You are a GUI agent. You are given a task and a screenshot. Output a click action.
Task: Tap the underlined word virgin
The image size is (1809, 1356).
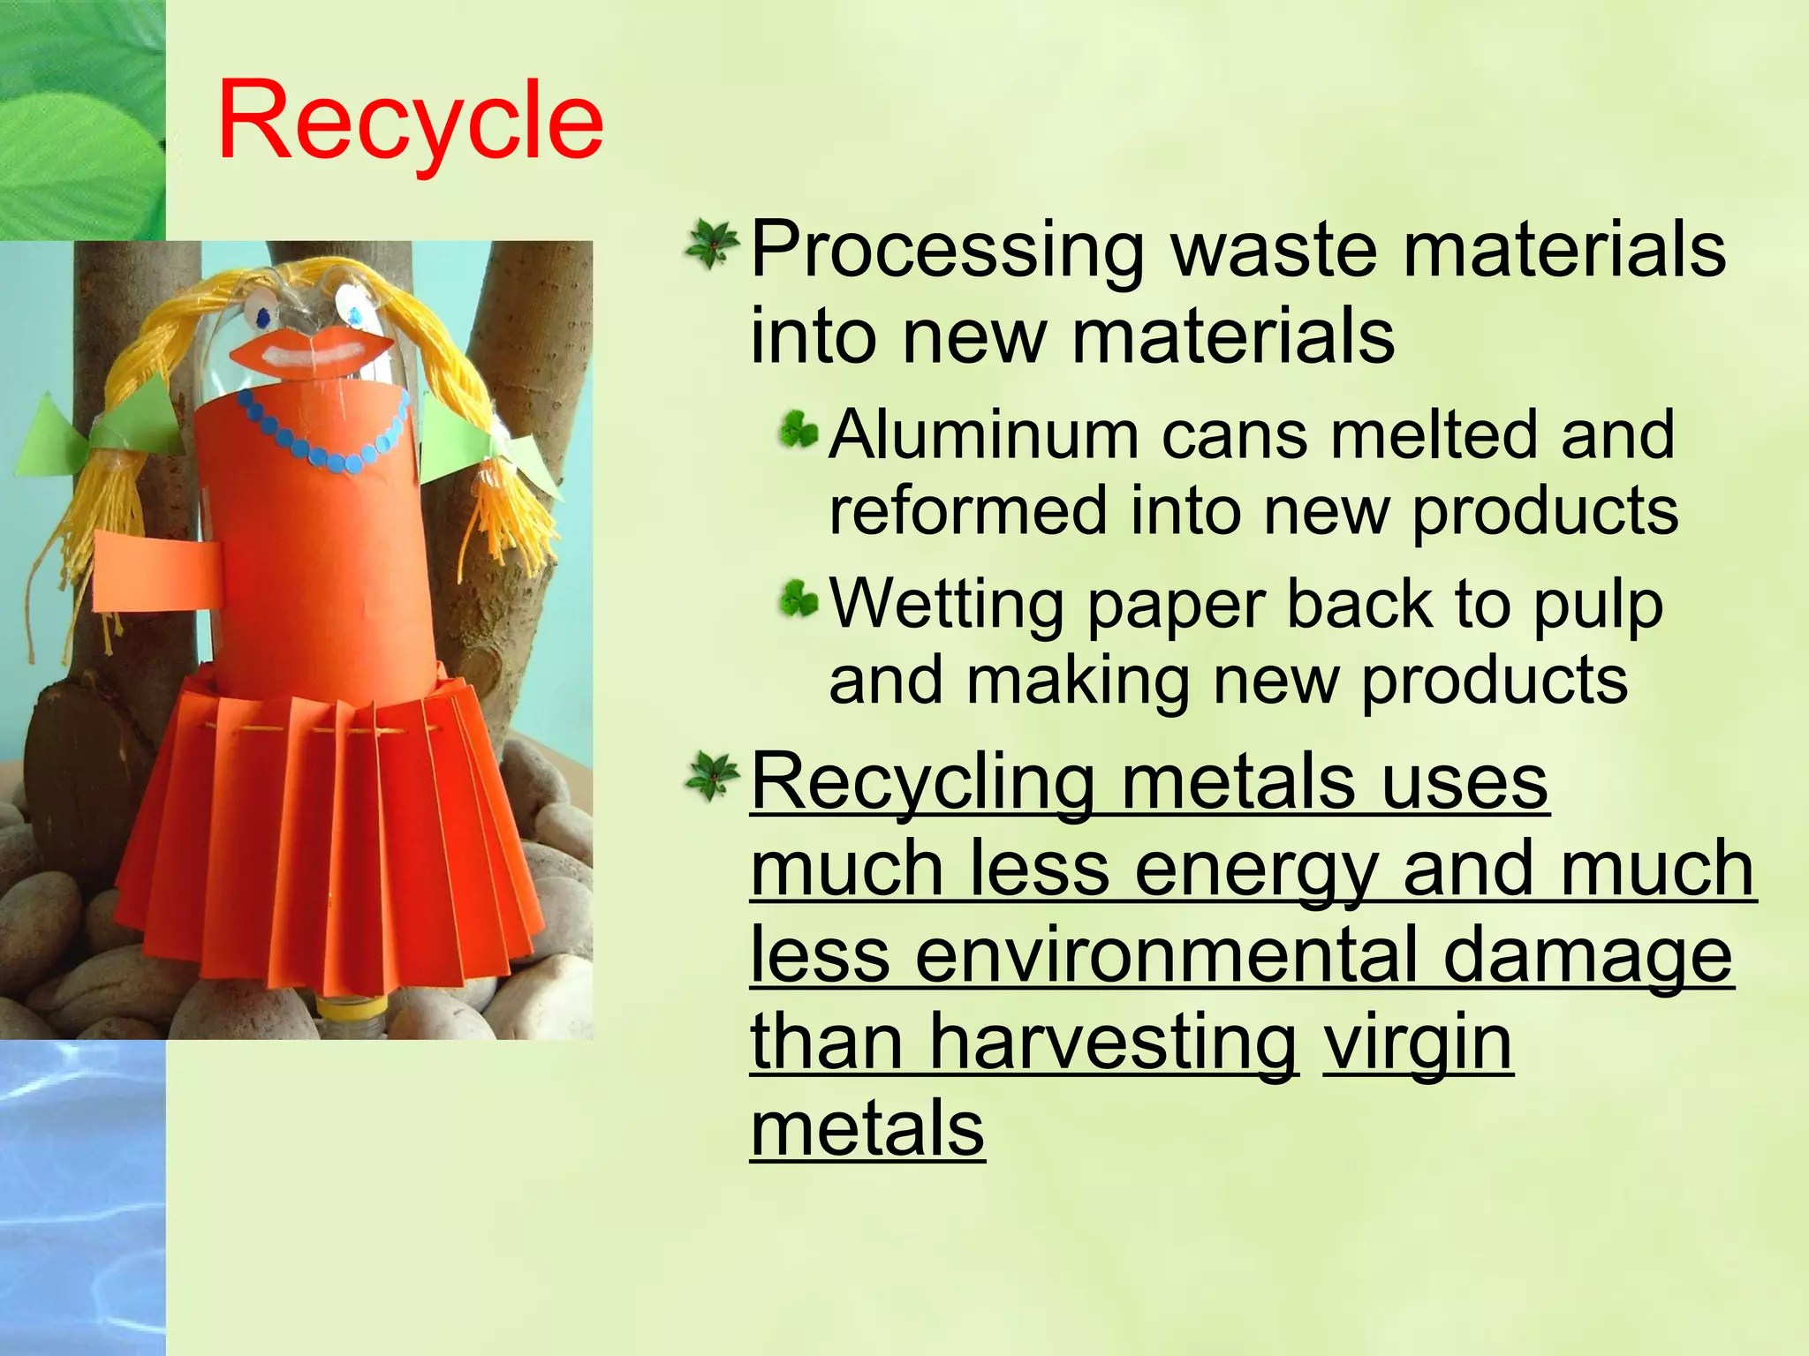1418,1043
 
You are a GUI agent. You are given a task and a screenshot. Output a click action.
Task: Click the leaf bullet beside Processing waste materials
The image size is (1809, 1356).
711,245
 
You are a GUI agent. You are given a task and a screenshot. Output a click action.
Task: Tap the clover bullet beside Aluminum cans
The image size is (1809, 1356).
799,433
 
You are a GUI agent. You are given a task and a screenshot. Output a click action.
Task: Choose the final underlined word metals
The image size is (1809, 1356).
867,1130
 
